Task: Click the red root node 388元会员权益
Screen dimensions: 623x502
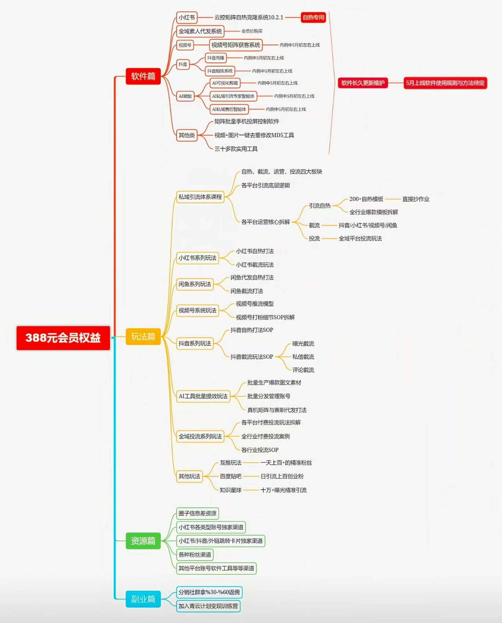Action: (x=63, y=338)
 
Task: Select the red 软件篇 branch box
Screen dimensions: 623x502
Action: (x=143, y=76)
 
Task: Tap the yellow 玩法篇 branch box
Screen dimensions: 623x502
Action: (x=143, y=336)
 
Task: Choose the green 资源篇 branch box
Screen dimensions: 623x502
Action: (x=143, y=541)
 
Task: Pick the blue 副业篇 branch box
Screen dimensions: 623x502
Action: (x=143, y=599)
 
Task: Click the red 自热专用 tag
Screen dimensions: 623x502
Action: (x=314, y=17)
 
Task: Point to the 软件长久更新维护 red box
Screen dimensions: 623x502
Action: (x=363, y=83)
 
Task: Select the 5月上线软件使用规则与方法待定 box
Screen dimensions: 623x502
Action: (x=445, y=83)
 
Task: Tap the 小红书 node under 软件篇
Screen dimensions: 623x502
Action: (x=187, y=17)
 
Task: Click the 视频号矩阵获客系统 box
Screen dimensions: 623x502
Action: (x=236, y=45)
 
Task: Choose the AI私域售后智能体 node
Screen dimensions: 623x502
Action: (x=229, y=109)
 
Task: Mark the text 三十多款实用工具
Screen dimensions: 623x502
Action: (x=236, y=149)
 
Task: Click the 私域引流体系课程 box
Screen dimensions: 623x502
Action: (x=200, y=197)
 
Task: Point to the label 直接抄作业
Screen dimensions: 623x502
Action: (x=416, y=199)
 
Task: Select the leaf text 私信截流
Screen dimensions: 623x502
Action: (x=303, y=357)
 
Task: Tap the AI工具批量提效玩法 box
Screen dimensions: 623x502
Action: (x=203, y=396)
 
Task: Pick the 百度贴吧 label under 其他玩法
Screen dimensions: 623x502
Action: (x=231, y=476)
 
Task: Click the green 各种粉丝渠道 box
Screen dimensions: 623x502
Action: (x=195, y=554)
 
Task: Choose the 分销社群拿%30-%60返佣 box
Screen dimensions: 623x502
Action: (x=209, y=592)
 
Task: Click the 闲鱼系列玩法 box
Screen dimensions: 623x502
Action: (x=195, y=284)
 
